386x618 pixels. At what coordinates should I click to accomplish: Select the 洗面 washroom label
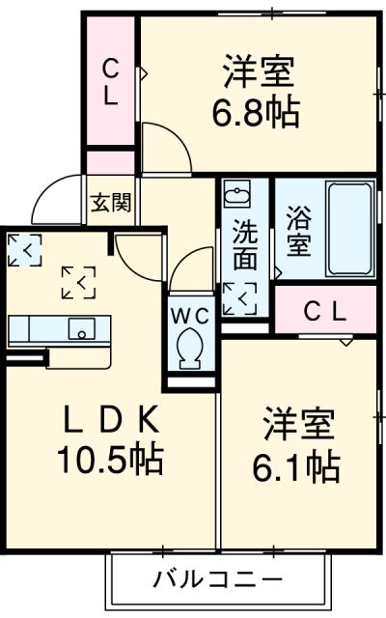[x=244, y=245]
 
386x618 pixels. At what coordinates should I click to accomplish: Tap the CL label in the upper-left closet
[x=111, y=81]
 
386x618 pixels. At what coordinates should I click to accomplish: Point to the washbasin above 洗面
[x=235, y=197]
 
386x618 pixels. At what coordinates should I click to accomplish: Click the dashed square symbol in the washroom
[x=238, y=298]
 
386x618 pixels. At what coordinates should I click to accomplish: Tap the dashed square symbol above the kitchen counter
[x=78, y=282]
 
